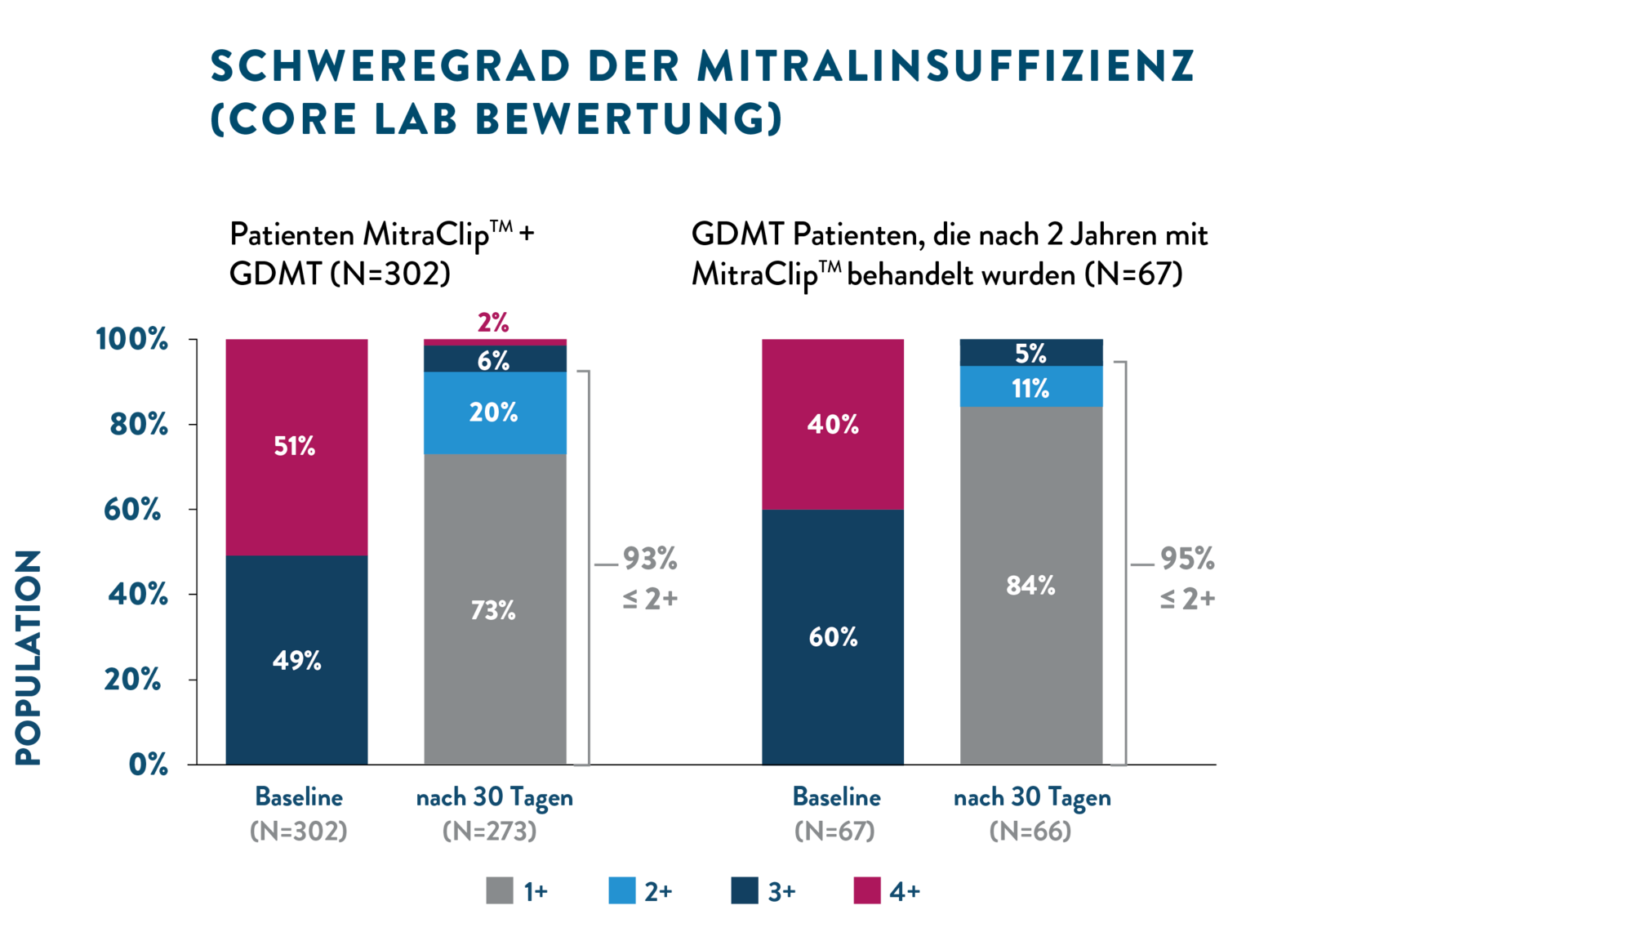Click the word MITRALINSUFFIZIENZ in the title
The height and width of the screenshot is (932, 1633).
946,66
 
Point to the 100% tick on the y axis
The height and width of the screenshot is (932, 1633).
132,338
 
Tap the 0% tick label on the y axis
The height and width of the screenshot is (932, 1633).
149,765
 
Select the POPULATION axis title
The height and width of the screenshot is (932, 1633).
29,658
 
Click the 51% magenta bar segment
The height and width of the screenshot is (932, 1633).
296,446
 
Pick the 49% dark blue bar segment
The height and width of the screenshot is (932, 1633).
296,660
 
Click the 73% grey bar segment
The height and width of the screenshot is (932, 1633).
495,609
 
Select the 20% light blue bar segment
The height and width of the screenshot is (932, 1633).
495,412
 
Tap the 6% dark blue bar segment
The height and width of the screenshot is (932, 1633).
495,359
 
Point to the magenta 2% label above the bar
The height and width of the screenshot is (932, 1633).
493,322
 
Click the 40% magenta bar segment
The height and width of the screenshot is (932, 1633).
833,424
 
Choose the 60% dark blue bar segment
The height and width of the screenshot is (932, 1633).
833,636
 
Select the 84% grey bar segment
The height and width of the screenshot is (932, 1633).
1031,585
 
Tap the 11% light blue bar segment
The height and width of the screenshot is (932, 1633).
1031,387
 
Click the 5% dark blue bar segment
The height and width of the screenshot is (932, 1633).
1031,352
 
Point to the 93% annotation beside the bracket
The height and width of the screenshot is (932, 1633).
650,560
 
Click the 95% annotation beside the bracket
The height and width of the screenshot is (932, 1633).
1187,560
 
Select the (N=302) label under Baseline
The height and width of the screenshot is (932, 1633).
299,832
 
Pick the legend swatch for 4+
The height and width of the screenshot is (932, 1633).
867,890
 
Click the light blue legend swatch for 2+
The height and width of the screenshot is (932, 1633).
622,890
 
